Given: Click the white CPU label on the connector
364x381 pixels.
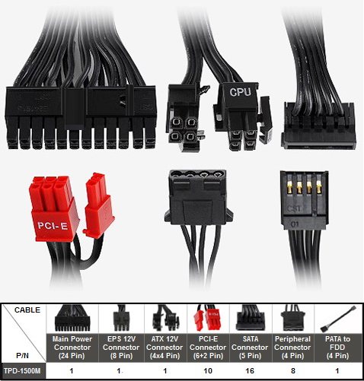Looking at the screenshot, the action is (x=241, y=92).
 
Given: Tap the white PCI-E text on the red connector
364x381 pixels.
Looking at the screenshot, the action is (x=53, y=225).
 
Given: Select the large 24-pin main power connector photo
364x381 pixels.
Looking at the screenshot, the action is (x=81, y=117).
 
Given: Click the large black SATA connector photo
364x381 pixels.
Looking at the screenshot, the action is (x=318, y=125).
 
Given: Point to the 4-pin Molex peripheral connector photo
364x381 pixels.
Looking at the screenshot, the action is (x=199, y=198).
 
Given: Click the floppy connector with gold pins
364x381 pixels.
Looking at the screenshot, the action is (x=304, y=200).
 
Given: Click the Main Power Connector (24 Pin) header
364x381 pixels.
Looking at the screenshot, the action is (x=72, y=348).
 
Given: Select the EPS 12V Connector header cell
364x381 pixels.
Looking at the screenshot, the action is (x=121, y=348).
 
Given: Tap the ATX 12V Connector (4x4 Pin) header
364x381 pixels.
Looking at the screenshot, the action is (x=164, y=348).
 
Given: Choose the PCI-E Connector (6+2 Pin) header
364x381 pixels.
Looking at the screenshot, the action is (x=208, y=348).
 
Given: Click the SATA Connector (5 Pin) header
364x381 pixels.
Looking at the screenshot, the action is (x=250, y=348).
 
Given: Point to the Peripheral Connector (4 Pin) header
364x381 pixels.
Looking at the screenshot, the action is (x=292, y=348).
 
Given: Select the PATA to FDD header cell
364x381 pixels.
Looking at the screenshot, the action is (x=337, y=348).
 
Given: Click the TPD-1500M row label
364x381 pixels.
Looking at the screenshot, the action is (x=23, y=371).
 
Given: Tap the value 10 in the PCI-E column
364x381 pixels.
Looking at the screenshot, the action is (x=208, y=371).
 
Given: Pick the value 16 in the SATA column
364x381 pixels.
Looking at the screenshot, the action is (x=250, y=371).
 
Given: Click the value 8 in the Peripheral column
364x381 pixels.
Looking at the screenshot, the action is (x=293, y=371).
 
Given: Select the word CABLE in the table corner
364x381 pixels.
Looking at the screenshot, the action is (x=27, y=310).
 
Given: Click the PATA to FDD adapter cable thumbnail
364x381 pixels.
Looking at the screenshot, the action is (x=338, y=319).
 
